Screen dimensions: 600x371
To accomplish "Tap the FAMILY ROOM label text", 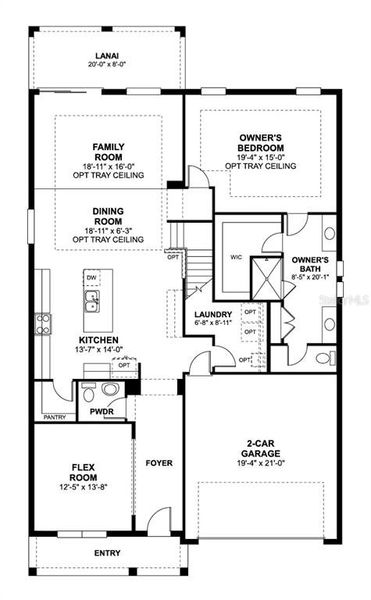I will [x=108, y=152].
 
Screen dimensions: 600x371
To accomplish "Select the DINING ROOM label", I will [x=108, y=216].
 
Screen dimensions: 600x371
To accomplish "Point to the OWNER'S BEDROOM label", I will [x=265, y=143].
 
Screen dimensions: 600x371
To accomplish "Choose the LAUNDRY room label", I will [x=213, y=314].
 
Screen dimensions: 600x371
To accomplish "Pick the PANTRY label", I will [x=54, y=417].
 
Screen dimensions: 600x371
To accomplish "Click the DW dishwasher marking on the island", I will [x=91, y=277].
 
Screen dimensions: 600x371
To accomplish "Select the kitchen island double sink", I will [x=91, y=300].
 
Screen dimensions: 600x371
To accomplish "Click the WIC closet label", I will [x=238, y=255].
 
